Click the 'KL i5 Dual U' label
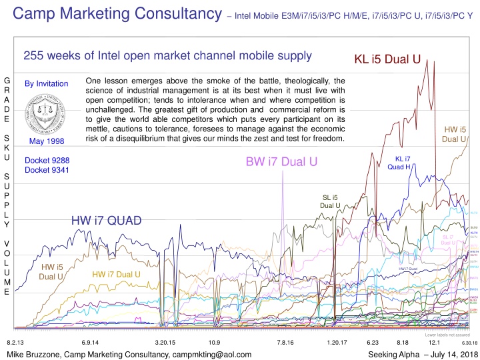[387, 59]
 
